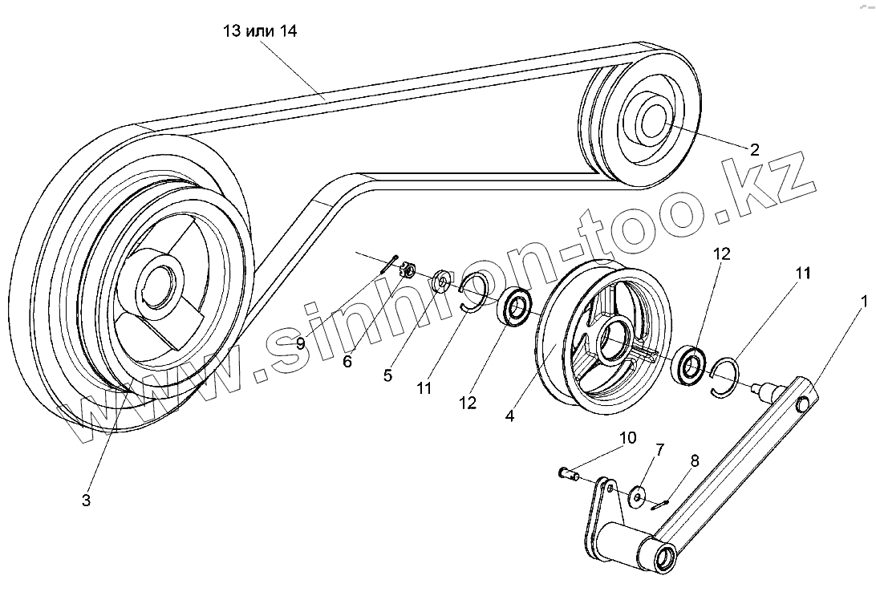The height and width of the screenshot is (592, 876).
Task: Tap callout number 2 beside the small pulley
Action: coord(754,148)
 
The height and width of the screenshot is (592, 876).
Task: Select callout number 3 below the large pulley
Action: coord(86,500)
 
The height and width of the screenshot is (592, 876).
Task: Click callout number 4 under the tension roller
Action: coord(510,416)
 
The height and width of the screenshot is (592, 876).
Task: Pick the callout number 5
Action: coord(387,375)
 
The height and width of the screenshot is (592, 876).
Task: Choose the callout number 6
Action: coord(347,361)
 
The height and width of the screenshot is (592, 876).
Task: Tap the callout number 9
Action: coord(300,343)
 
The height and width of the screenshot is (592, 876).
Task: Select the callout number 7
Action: coord(659,449)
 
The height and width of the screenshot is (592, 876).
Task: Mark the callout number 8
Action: coord(694,460)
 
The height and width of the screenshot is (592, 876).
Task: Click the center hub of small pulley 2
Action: coord(651,120)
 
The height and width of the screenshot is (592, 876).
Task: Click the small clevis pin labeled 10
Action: coord(569,474)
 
